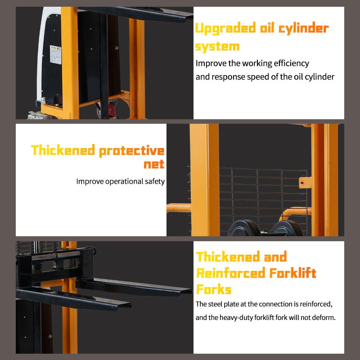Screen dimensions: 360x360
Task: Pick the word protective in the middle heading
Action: (x=131, y=151)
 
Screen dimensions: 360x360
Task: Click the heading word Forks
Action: (x=214, y=289)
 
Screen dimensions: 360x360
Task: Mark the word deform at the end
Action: (x=323, y=318)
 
